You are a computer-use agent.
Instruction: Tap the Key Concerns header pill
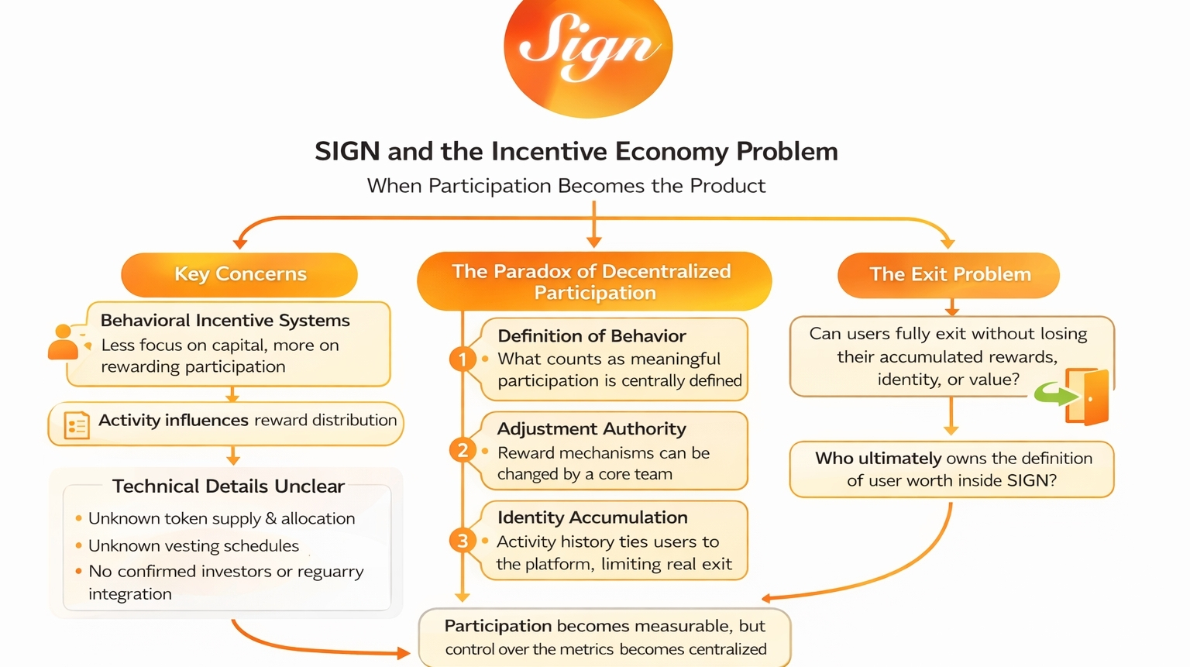tap(239, 274)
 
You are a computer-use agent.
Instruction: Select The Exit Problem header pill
tap(949, 274)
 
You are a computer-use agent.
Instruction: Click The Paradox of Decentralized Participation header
tap(593, 281)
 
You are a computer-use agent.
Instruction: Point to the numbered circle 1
tap(463, 359)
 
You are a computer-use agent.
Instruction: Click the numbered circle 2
tap(463, 450)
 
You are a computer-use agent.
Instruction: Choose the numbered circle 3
tap(463, 540)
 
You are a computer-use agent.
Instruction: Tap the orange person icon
tap(64, 342)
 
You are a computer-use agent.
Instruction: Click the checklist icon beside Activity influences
tap(76, 425)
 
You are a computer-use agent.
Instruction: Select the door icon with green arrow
tap(1082, 396)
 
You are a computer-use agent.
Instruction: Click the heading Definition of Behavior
tap(591, 336)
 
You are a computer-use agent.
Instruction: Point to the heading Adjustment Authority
tap(591, 429)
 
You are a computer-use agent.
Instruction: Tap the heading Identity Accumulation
tap(592, 517)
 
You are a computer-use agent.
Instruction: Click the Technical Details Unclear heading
tap(228, 486)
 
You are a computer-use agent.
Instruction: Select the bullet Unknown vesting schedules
tap(193, 546)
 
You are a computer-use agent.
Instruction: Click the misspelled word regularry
tap(330, 572)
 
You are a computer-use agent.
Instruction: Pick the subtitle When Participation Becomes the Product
tap(566, 186)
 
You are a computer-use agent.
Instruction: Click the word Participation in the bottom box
tap(497, 626)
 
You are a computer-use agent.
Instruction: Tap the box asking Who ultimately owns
tap(952, 469)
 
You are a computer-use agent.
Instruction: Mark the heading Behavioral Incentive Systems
tap(225, 321)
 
